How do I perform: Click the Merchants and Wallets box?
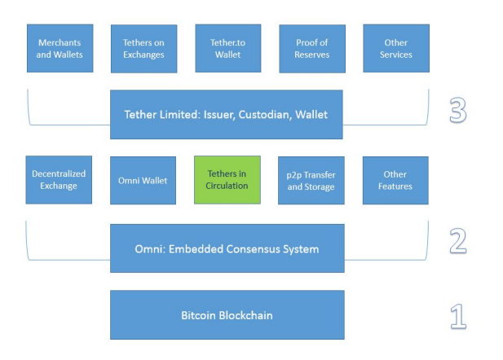(60, 48)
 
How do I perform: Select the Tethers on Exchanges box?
(143, 49)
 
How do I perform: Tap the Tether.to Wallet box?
(227, 48)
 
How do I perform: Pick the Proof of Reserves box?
(311, 49)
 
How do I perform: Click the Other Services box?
(395, 48)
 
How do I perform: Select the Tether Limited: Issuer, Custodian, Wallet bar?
(227, 114)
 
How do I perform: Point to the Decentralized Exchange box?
(59, 179)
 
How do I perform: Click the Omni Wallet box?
(143, 180)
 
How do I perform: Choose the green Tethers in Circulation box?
(227, 179)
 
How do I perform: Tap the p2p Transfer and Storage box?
(311, 180)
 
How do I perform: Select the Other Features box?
(395, 180)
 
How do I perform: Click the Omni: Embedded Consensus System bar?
(227, 248)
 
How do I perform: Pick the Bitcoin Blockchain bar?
(227, 314)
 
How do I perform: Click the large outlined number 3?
(458, 112)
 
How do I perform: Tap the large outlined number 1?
(458, 315)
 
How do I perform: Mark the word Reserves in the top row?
(311, 55)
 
